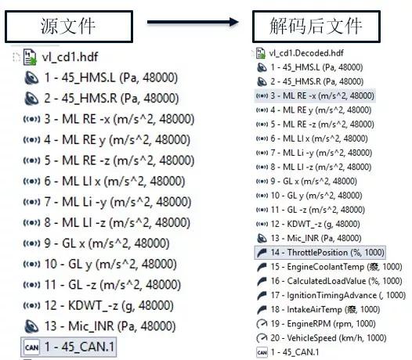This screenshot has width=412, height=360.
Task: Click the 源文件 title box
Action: tap(69, 27)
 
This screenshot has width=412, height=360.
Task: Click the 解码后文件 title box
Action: tap(316, 27)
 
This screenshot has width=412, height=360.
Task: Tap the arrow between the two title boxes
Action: tap(193, 22)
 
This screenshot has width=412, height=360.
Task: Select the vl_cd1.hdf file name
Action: tap(70, 57)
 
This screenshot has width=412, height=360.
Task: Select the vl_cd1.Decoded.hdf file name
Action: tap(306, 53)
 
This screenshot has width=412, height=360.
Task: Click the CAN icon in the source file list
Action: tap(32, 347)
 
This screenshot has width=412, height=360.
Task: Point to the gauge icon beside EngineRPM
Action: tap(262, 324)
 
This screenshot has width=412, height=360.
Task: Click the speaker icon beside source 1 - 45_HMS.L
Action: tap(31, 77)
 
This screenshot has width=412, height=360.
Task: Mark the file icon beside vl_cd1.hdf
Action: tap(30, 57)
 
